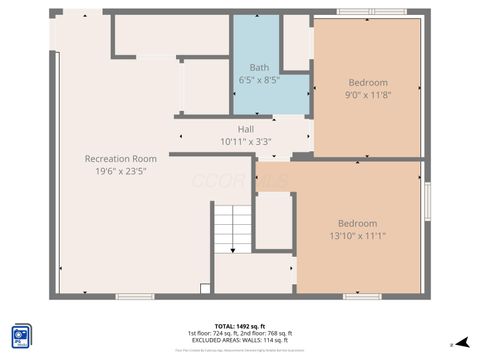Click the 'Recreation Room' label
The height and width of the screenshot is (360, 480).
pyautogui.click(x=120, y=158)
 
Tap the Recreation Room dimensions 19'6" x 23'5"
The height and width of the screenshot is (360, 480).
pyautogui.click(x=120, y=170)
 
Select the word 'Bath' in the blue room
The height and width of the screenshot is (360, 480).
pyautogui.click(x=259, y=68)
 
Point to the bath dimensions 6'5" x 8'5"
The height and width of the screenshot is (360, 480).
pyautogui.click(x=259, y=79)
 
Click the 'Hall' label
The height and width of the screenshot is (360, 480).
pyautogui.click(x=246, y=129)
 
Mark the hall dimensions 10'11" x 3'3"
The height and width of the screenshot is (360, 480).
pyautogui.click(x=246, y=141)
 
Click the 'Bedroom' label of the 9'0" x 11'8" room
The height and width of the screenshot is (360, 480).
pyautogui.click(x=368, y=82)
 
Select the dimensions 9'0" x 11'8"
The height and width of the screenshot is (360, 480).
pyautogui.click(x=368, y=94)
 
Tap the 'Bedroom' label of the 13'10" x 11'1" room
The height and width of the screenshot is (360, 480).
pyautogui.click(x=357, y=223)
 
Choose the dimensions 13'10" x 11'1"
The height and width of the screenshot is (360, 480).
pyautogui.click(x=357, y=235)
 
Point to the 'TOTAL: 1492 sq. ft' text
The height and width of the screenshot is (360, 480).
pyautogui.click(x=240, y=326)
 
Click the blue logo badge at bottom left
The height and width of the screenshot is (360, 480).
pyautogui.click(x=21, y=334)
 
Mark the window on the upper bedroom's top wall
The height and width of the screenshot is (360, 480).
pyautogui.click(x=371, y=12)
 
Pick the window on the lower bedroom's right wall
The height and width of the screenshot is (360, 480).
pyautogui.click(x=427, y=201)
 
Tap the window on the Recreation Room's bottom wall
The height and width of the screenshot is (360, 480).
pyautogui.click(x=135, y=296)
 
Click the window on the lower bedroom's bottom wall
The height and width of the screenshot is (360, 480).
pyautogui.click(x=361, y=296)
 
